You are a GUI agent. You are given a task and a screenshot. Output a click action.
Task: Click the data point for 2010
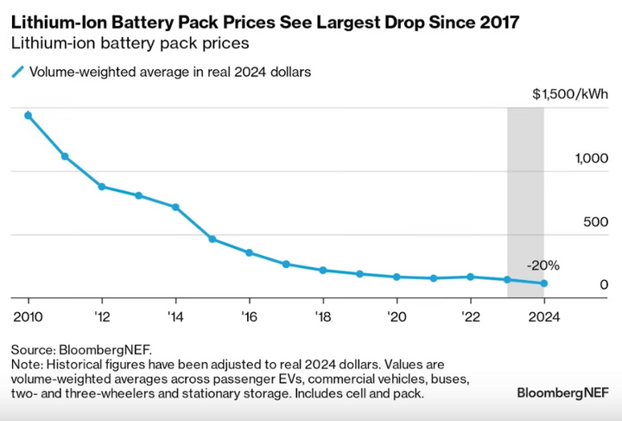[x=29, y=116]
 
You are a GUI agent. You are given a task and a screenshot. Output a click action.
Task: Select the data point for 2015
[x=213, y=239]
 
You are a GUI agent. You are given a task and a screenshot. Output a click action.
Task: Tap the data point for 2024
[x=544, y=284]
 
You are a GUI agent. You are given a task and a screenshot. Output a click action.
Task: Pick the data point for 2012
[x=102, y=187]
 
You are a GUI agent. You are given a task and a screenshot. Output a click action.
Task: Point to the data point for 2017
[x=286, y=265]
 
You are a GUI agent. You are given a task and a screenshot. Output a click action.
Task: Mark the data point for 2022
[x=471, y=277]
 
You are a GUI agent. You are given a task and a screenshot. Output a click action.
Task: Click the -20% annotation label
[x=543, y=265]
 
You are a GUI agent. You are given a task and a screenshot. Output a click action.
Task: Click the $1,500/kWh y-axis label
[x=570, y=94]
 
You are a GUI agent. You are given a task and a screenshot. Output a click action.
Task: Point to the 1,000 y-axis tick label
[x=592, y=158]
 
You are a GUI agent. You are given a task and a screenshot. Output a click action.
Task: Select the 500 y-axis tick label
[x=595, y=221]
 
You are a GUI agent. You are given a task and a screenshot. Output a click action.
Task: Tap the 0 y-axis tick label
[x=604, y=284]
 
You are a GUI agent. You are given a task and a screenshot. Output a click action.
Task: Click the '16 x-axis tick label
[x=249, y=316]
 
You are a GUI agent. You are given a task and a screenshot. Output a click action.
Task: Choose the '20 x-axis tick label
[x=397, y=316]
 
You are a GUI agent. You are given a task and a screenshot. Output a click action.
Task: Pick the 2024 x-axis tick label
[x=544, y=316]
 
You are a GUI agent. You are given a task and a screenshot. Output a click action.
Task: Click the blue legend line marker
[x=18, y=72]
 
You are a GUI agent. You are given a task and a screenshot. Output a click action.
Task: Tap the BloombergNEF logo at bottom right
[x=562, y=392]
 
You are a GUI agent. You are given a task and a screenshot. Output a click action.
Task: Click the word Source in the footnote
[x=33, y=350]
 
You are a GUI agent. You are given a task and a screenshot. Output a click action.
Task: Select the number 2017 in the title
[x=499, y=22]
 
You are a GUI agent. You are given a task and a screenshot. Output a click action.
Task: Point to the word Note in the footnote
[x=24, y=364]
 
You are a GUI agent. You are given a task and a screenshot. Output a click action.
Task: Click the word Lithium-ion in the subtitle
[x=54, y=43]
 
